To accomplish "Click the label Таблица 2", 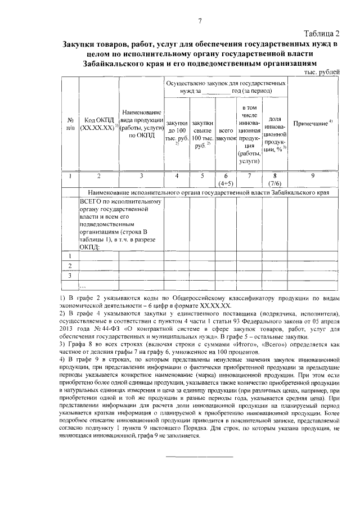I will pos(321,33).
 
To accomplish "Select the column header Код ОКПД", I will pos(98,124).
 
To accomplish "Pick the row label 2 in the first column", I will pos(70,265).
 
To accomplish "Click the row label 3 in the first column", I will pos(70,276).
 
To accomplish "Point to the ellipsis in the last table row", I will pos(84,286).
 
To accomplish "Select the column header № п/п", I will pos(70,124).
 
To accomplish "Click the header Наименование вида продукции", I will pos(141,124).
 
